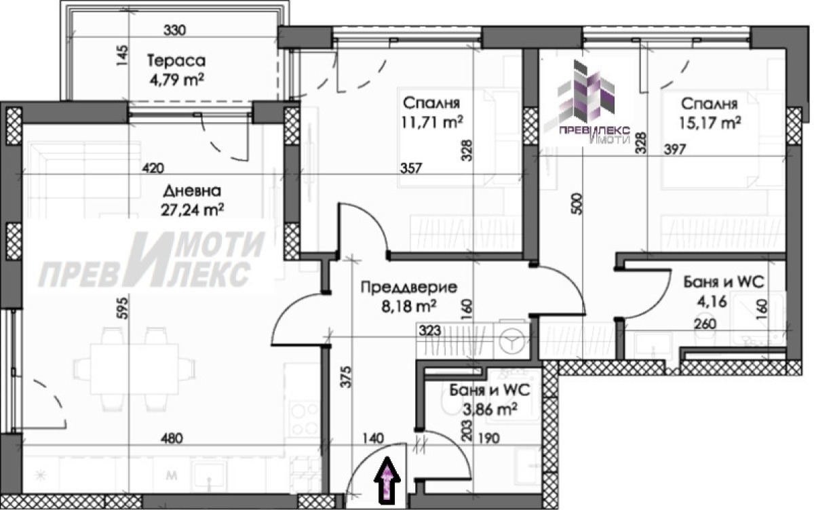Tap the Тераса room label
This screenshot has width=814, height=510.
176,60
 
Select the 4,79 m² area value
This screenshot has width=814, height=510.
176,79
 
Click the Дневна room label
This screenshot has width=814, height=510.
192,191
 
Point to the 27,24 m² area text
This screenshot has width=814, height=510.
192,210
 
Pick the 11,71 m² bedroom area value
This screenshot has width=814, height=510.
432,122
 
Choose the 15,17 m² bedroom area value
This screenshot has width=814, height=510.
710,123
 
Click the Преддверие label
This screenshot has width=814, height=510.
409,288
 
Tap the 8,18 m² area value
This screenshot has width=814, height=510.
409,307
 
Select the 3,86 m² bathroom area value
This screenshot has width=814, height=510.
490,410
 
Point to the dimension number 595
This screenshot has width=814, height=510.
123,309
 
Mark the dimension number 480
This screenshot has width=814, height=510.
172,438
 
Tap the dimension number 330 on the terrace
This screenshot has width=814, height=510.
174,30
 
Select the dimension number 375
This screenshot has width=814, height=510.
347,377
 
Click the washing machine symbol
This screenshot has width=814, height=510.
511,341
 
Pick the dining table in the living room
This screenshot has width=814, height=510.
134,370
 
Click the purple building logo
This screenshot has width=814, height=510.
586,92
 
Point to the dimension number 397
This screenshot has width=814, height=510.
675,149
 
